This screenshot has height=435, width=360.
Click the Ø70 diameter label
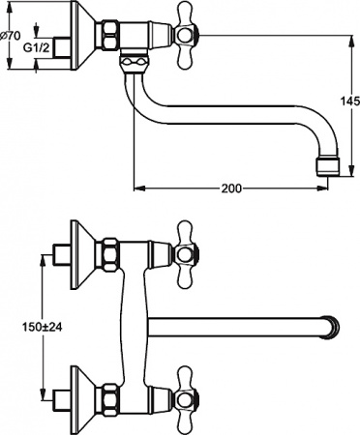(9, 37)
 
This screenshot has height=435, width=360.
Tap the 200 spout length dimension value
(231, 189)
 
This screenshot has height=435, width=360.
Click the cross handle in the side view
(184, 38)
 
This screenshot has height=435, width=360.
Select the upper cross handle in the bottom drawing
(184, 253)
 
